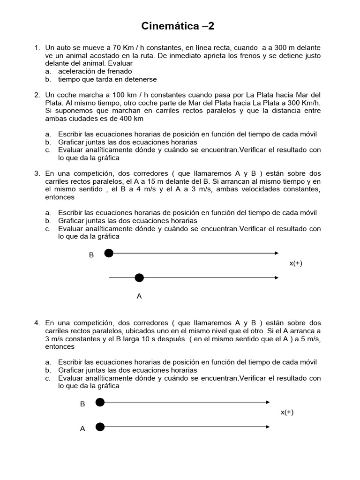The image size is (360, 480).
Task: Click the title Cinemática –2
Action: coord(178,26)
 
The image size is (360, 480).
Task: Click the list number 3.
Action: coord(37,173)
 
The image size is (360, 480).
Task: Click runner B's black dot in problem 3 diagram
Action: coord(109,254)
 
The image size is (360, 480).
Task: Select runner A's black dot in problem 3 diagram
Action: coord(139,278)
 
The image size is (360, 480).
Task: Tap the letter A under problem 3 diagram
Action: coord(139,296)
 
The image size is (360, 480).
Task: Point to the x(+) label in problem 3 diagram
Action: coord(296,263)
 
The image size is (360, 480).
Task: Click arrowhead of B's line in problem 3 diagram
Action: coord(277,254)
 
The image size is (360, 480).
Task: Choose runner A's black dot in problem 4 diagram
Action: coord(99,427)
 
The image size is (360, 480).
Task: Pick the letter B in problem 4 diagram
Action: coord(82,404)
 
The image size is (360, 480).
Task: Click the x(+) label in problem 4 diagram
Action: coord(287,412)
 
